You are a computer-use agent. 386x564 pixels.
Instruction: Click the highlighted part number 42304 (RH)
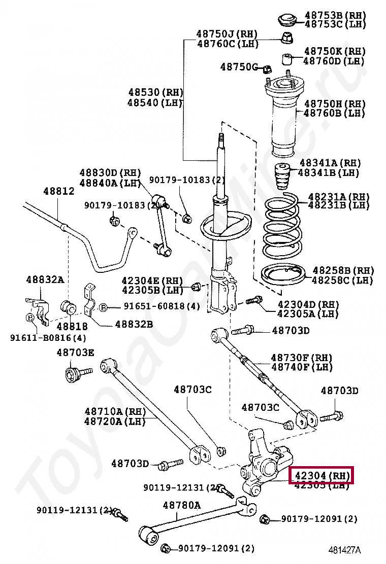[x=321, y=476]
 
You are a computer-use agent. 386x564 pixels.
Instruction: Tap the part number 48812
[x=58, y=191]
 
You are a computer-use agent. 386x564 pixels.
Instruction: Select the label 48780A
[x=181, y=505]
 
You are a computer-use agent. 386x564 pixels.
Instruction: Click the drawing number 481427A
[x=344, y=550]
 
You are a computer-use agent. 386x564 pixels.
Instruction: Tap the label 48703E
[x=75, y=352]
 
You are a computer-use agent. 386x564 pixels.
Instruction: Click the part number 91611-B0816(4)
[x=48, y=338]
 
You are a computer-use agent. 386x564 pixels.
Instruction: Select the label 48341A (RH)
[x=330, y=163]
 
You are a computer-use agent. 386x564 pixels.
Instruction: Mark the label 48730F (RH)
[x=302, y=357]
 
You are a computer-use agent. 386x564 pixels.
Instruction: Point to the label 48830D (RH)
[x=110, y=173]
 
